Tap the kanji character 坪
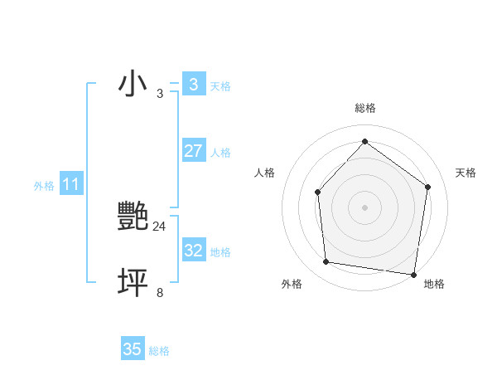pos(133,282)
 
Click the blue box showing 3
pos(193,85)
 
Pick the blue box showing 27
pos(193,151)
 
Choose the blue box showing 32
pos(193,251)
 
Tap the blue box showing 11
pos(70,184)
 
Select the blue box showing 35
pos(133,349)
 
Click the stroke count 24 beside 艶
pos(159,226)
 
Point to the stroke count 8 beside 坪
pos(160,292)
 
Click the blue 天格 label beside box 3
pos(220,86)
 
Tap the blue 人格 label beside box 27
pos(220,153)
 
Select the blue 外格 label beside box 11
pos(44,186)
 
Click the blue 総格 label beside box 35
pos(159,351)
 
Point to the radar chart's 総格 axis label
pos(364,108)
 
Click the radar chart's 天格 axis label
pos(466,173)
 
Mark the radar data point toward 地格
pos(413,274)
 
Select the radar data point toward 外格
pos(326,262)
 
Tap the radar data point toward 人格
pos(317,193)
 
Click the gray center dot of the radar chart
pos(364,207)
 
